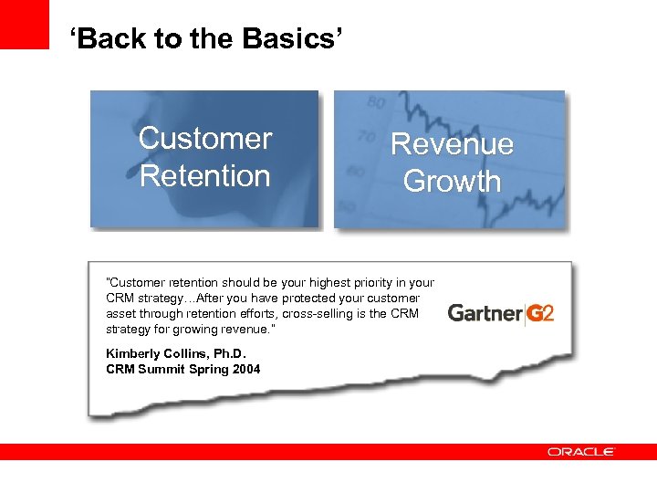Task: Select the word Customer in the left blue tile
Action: (205, 139)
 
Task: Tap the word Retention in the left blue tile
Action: (205, 175)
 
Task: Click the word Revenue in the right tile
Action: (452, 144)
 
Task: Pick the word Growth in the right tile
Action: (452, 181)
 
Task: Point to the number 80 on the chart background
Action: (375, 103)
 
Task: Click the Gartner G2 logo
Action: (500, 313)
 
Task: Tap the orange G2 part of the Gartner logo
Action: (540, 313)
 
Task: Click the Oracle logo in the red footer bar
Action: (581, 452)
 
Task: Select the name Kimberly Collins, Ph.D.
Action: (176, 354)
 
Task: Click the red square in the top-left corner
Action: (25, 24)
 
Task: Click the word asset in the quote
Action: (120, 313)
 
